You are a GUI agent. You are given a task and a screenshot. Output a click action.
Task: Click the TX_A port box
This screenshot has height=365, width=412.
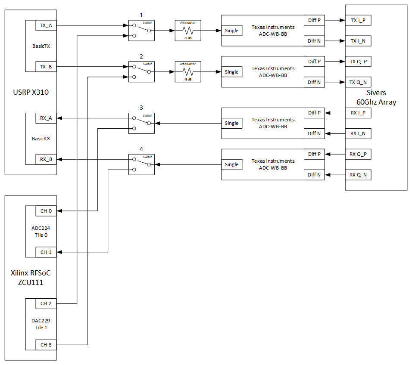[x=46, y=25]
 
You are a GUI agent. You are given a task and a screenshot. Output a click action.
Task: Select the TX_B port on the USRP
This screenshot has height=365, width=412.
[x=46, y=67]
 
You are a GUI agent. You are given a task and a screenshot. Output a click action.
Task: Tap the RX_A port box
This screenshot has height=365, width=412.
[x=46, y=118]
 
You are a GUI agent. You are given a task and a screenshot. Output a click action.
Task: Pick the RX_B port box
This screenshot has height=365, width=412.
[x=46, y=159]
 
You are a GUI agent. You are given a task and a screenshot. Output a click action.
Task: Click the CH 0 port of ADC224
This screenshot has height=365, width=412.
[x=46, y=211]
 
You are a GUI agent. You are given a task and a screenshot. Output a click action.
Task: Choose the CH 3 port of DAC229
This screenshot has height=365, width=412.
[x=46, y=345]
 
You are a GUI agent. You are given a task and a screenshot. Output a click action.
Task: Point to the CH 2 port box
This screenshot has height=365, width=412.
[x=46, y=303]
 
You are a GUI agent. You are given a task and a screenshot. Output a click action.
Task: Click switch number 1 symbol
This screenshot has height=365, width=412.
[x=141, y=31]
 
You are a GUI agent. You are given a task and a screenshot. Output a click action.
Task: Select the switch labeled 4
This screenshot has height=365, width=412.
[x=141, y=164]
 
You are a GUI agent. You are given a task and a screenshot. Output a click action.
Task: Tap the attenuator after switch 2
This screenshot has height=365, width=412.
[x=188, y=72]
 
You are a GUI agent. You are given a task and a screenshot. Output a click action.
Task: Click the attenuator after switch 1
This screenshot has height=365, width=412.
[x=188, y=31]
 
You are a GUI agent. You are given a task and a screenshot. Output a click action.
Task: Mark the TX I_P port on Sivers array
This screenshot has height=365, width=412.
[x=361, y=20]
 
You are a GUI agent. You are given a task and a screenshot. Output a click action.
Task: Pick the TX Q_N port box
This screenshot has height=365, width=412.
[x=361, y=82]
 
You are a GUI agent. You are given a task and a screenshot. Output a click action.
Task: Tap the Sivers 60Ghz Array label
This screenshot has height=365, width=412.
[x=376, y=98]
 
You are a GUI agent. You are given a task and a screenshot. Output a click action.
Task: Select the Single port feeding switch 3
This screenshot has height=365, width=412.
[x=231, y=123]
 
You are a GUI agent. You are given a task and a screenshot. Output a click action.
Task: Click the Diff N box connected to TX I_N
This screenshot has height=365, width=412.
[x=314, y=41]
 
